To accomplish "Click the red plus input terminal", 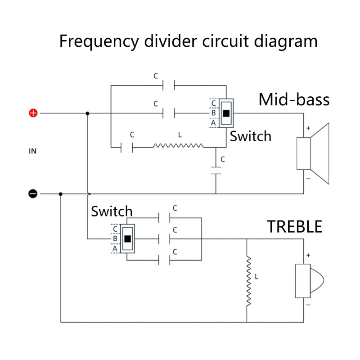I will [x=33, y=113].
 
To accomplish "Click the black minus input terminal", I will [x=33, y=194].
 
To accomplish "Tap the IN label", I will [x=32, y=151].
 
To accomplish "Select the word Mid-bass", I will [x=294, y=99].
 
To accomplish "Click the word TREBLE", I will [x=295, y=227].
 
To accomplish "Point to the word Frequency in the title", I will [x=99, y=41].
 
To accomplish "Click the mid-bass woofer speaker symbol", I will [x=312, y=153].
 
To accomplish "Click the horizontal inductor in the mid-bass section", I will [x=178, y=146].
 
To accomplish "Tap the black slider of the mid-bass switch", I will [x=226, y=113].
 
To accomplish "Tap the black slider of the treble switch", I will [x=127, y=239].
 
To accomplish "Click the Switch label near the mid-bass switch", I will [x=251, y=136].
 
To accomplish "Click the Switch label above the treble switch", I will [x=112, y=211].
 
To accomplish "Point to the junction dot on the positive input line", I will [x=87, y=113].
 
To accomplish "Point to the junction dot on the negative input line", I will [x=61, y=194].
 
